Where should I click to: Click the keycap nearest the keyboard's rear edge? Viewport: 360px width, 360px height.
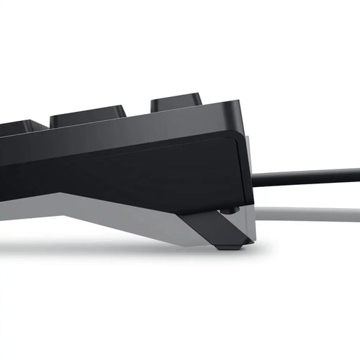pos(177,104)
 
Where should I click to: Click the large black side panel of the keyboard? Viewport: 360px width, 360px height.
pos(127,169)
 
